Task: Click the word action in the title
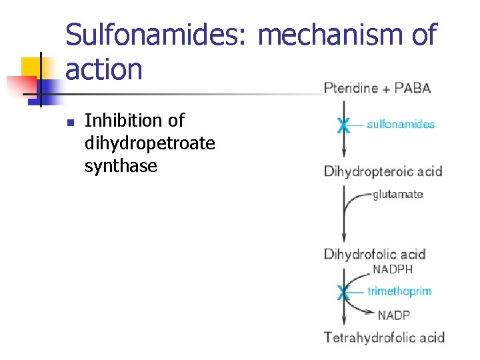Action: pyautogui.click(x=104, y=69)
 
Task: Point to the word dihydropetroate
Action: pyautogui.click(x=149, y=143)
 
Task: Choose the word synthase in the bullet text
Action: pyautogui.click(x=121, y=165)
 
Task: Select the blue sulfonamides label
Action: pyautogui.click(x=401, y=124)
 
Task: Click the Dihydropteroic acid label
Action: pyautogui.click(x=383, y=171)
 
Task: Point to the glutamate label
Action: pyautogui.click(x=398, y=195)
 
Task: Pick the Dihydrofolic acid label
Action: pyautogui.click(x=374, y=254)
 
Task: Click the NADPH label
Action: pyautogui.click(x=393, y=270)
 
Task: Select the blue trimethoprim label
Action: pyautogui.click(x=399, y=291)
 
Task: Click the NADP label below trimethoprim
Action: pyautogui.click(x=394, y=315)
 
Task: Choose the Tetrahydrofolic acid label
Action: pyautogui.click(x=384, y=337)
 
